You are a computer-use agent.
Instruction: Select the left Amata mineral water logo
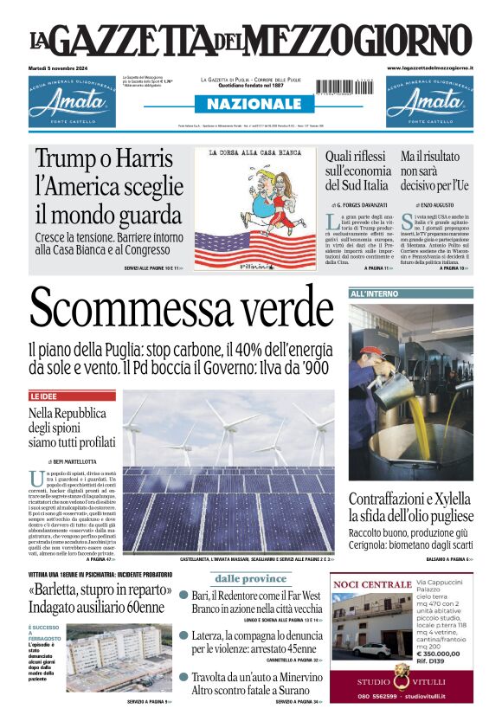pos(73,101)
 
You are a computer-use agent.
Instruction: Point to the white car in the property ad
pos(372,649)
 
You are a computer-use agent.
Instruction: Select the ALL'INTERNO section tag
pos(374,294)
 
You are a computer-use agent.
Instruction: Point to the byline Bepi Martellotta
pos(74,461)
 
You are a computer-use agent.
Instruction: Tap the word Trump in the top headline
pos(69,160)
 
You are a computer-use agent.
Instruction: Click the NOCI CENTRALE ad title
pos(372,585)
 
